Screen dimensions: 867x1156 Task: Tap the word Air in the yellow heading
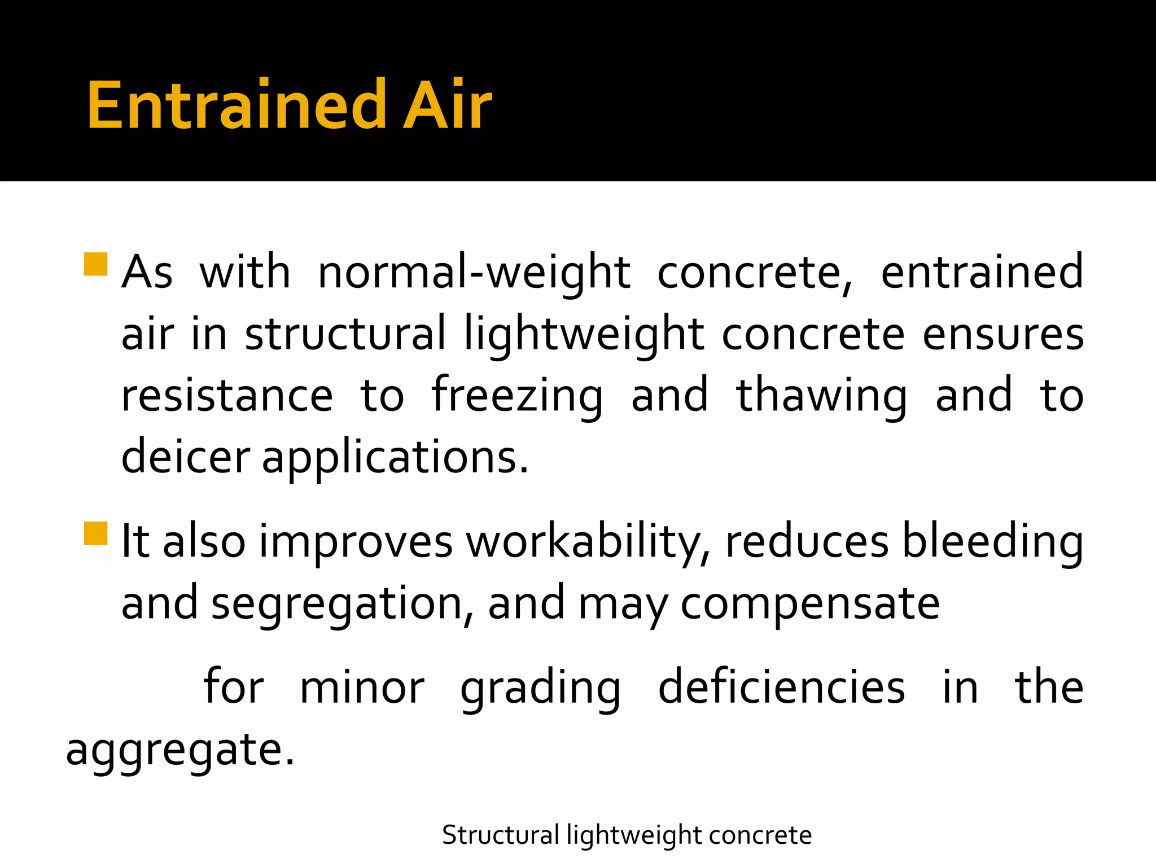click(x=447, y=106)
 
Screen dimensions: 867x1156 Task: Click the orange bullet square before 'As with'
click(x=95, y=264)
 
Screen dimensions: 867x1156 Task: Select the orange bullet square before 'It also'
click(x=95, y=533)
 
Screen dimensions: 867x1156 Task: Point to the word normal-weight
click(x=474, y=273)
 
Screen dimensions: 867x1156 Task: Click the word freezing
click(x=517, y=396)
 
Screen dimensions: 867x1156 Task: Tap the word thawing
click(x=822, y=396)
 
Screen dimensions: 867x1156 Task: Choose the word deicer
click(x=185, y=456)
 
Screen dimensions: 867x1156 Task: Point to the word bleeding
click(x=992, y=542)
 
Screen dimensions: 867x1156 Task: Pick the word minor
click(x=362, y=688)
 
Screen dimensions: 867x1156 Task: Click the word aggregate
click(x=179, y=751)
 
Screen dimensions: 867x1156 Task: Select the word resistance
click(x=227, y=396)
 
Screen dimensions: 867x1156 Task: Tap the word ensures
click(x=1003, y=335)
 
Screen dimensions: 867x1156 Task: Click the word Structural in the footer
click(x=500, y=835)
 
